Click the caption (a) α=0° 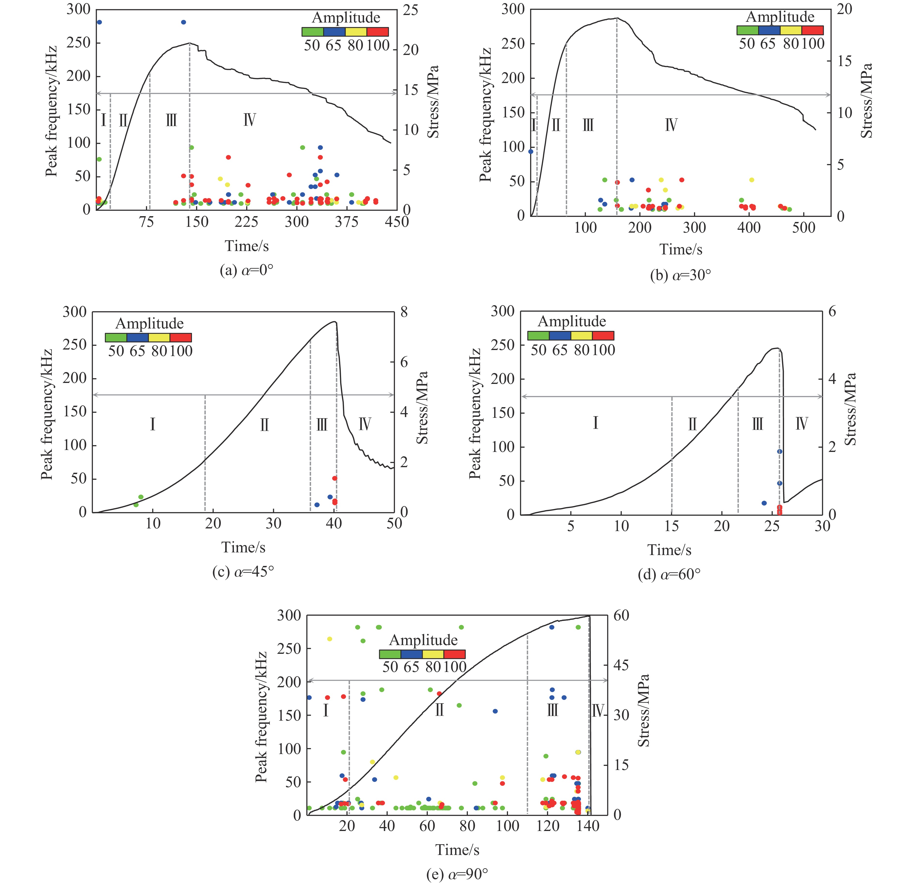(246, 271)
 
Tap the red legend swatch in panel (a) (378, 32)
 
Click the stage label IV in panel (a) (249, 120)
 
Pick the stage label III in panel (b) (588, 125)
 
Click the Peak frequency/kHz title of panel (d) (475, 413)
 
